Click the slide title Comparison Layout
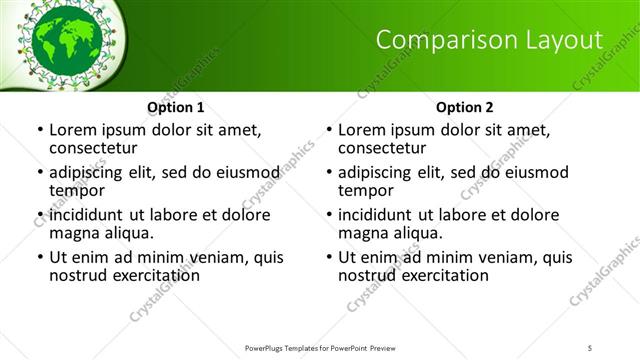pos(489,40)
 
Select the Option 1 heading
pos(176,107)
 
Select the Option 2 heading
pos(465,107)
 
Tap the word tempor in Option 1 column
pos(76,190)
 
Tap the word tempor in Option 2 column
pos(365,190)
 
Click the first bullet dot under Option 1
pos(39,130)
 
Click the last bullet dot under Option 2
pos(328,258)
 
